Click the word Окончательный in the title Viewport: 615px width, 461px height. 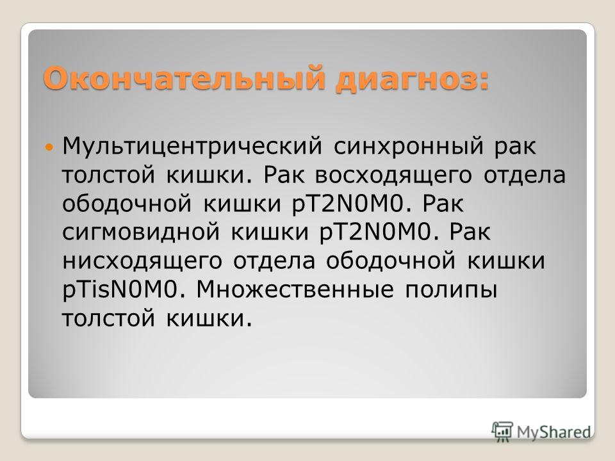(184, 78)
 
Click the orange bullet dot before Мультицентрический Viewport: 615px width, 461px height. (49, 147)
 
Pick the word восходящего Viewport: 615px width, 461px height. (393, 176)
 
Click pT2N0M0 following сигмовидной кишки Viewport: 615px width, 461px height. (375, 232)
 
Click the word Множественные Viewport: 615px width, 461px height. (295, 289)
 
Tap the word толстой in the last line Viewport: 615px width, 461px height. (109, 319)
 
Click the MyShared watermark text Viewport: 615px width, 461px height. (553, 432)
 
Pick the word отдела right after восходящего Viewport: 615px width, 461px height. (525, 176)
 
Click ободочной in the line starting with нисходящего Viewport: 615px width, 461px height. (391, 261)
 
